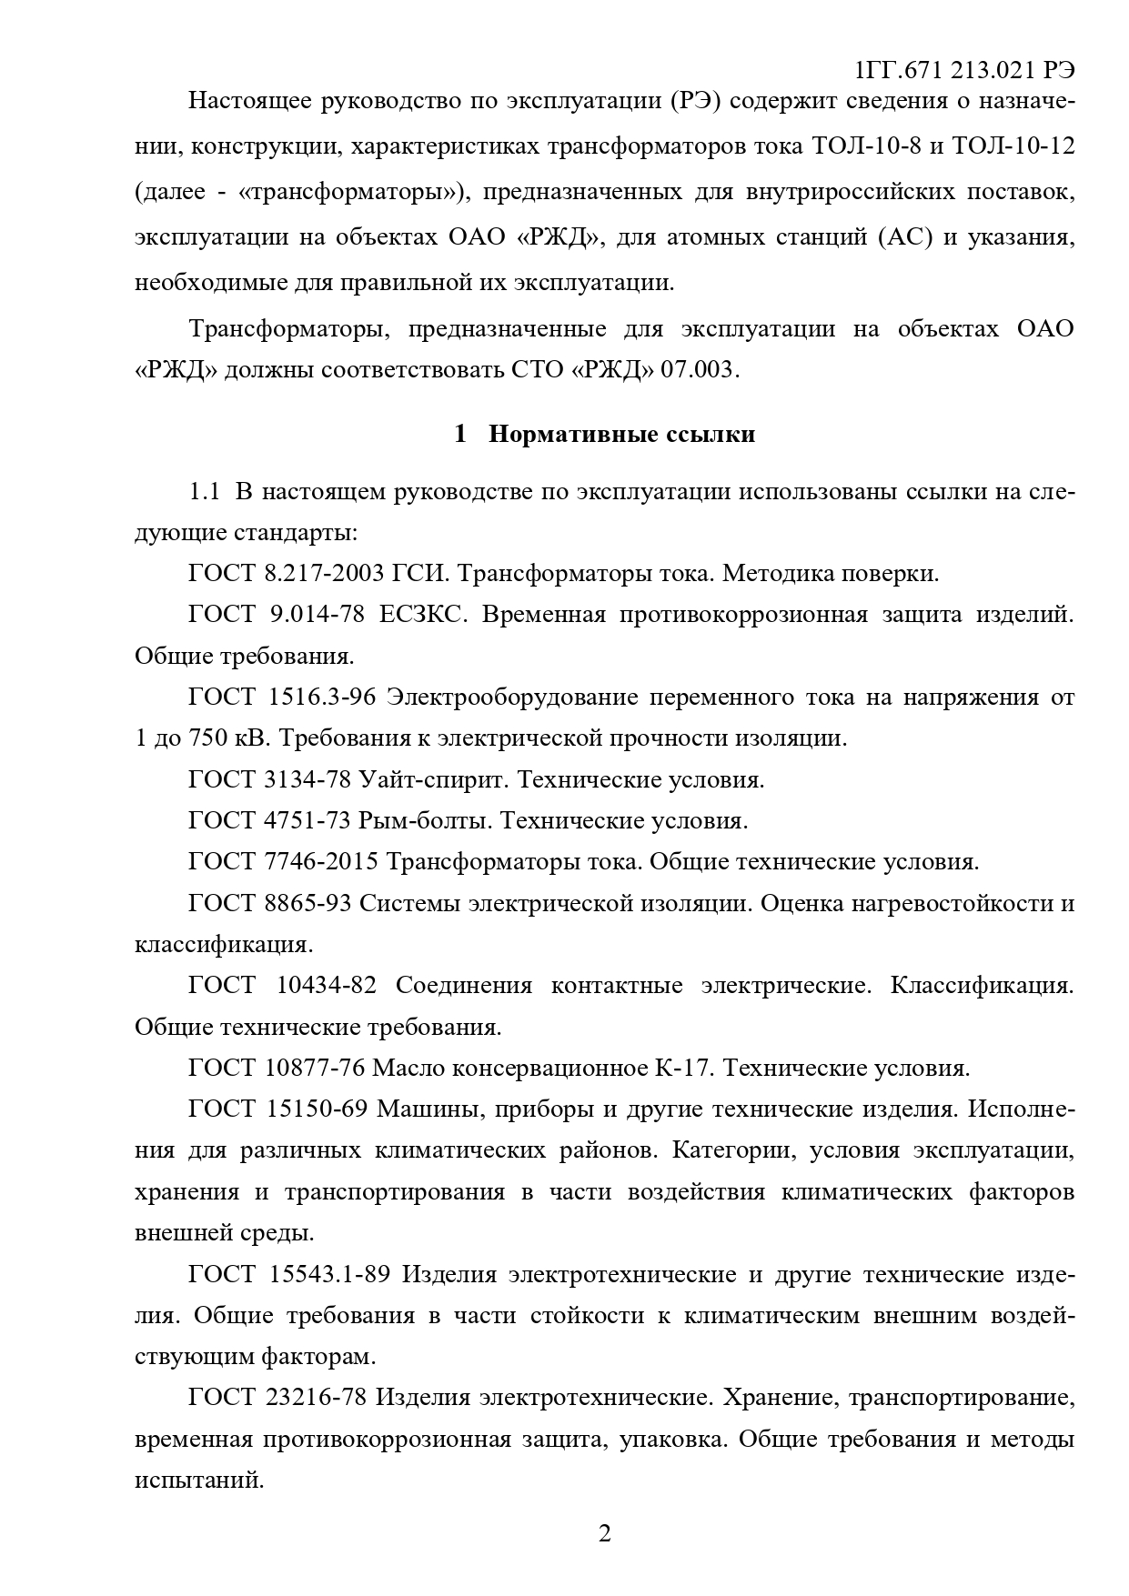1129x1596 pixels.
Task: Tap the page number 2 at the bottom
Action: pyautogui.click(x=604, y=1533)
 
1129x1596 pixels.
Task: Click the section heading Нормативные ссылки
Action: pyautogui.click(x=621, y=434)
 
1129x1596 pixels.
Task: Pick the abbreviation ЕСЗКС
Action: pyautogui.click(x=426, y=615)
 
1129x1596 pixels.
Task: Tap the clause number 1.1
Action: pyautogui.click(x=205, y=492)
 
